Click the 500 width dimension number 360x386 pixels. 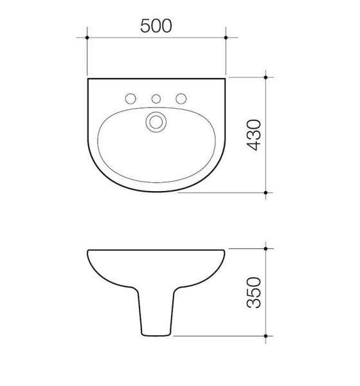pyautogui.click(x=157, y=25)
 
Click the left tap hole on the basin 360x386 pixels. pyautogui.click(x=130, y=98)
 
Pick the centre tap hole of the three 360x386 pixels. pyautogui.click(x=156, y=98)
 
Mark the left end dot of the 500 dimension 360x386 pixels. pyautogui.click(x=87, y=38)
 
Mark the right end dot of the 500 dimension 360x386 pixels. pyautogui.click(x=226, y=38)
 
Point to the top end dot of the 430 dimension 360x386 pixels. pyautogui.click(x=266, y=77)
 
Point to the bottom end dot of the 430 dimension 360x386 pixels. pyautogui.click(x=266, y=192)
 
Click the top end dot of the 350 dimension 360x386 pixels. pyautogui.click(x=266, y=248)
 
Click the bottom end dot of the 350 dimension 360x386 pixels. pyautogui.click(x=266, y=335)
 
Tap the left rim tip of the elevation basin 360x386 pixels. pyautogui.click(x=87, y=251)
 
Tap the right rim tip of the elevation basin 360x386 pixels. pyautogui.click(x=225, y=251)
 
